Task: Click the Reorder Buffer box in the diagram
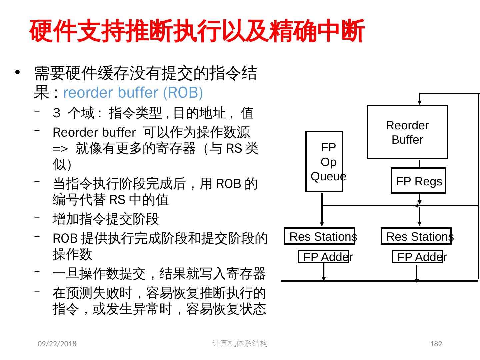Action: click(x=407, y=132)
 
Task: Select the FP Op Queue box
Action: click(x=324, y=161)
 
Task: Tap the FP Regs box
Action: click(x=418, y=181)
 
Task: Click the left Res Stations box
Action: click(x=319, y=236)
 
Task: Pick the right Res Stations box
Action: click(x=416, y=236)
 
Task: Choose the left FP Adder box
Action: click(x=323, y=257)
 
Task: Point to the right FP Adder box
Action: click(x=418, y=257)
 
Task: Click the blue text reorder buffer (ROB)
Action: click(x=133, y=93)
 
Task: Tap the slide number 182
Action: click(x=436, y=344)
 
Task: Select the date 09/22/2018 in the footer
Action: click(x=57, y=344)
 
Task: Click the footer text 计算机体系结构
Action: click(x=240, y=343)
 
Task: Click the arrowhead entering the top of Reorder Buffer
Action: click(x=420, y=102)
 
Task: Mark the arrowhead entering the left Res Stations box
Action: click(x=322, y=224)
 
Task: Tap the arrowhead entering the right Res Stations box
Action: click(x=420, y=224)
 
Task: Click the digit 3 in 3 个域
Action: click(x=56, y=113)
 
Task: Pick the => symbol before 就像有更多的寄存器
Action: click(x=60, y=148)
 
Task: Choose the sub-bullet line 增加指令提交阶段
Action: click(x=106, y=219)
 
